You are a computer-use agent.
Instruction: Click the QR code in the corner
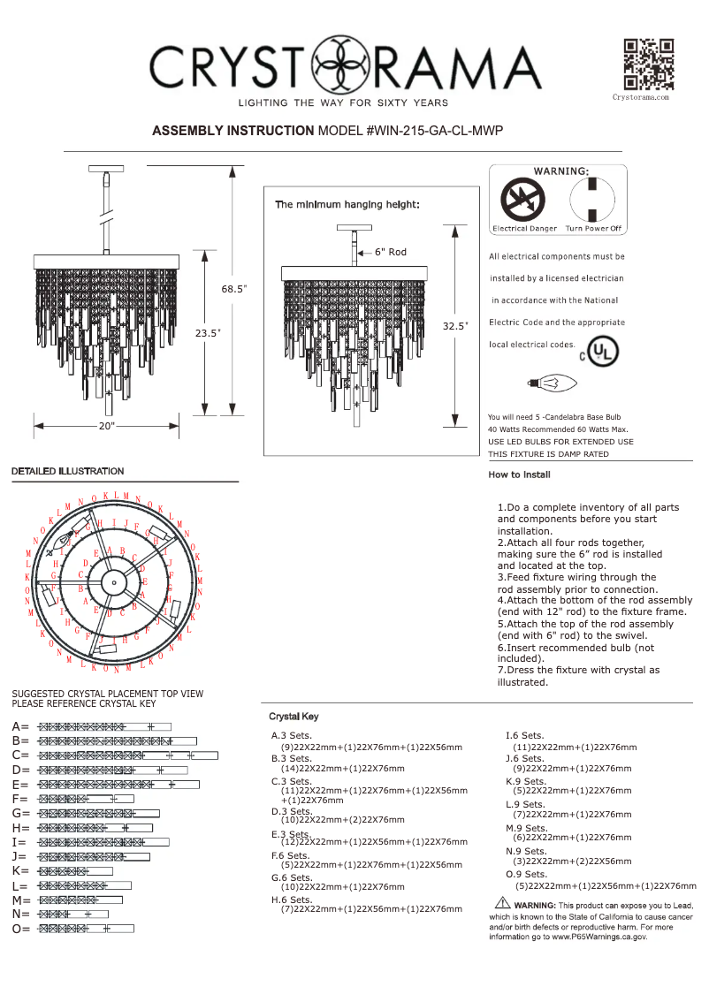[649, 65]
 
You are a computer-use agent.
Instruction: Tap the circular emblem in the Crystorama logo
[340, 66]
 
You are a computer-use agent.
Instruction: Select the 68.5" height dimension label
[234, 289]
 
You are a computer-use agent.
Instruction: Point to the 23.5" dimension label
[207, 333]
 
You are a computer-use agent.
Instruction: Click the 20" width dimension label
[107, 426]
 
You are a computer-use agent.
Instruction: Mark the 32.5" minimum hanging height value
[454, 326]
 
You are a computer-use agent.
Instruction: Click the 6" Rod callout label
[390, 253]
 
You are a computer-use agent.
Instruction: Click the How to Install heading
[519, 474]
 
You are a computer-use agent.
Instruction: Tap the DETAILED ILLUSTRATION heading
[67, 471]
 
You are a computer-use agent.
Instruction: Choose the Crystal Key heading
[294, 717]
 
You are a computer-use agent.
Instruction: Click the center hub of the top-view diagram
[113, 582]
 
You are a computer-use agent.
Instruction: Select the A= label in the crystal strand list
[20, 726]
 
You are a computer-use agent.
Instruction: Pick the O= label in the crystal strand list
[20, 929]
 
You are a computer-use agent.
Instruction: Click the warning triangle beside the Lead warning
[502, 903]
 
